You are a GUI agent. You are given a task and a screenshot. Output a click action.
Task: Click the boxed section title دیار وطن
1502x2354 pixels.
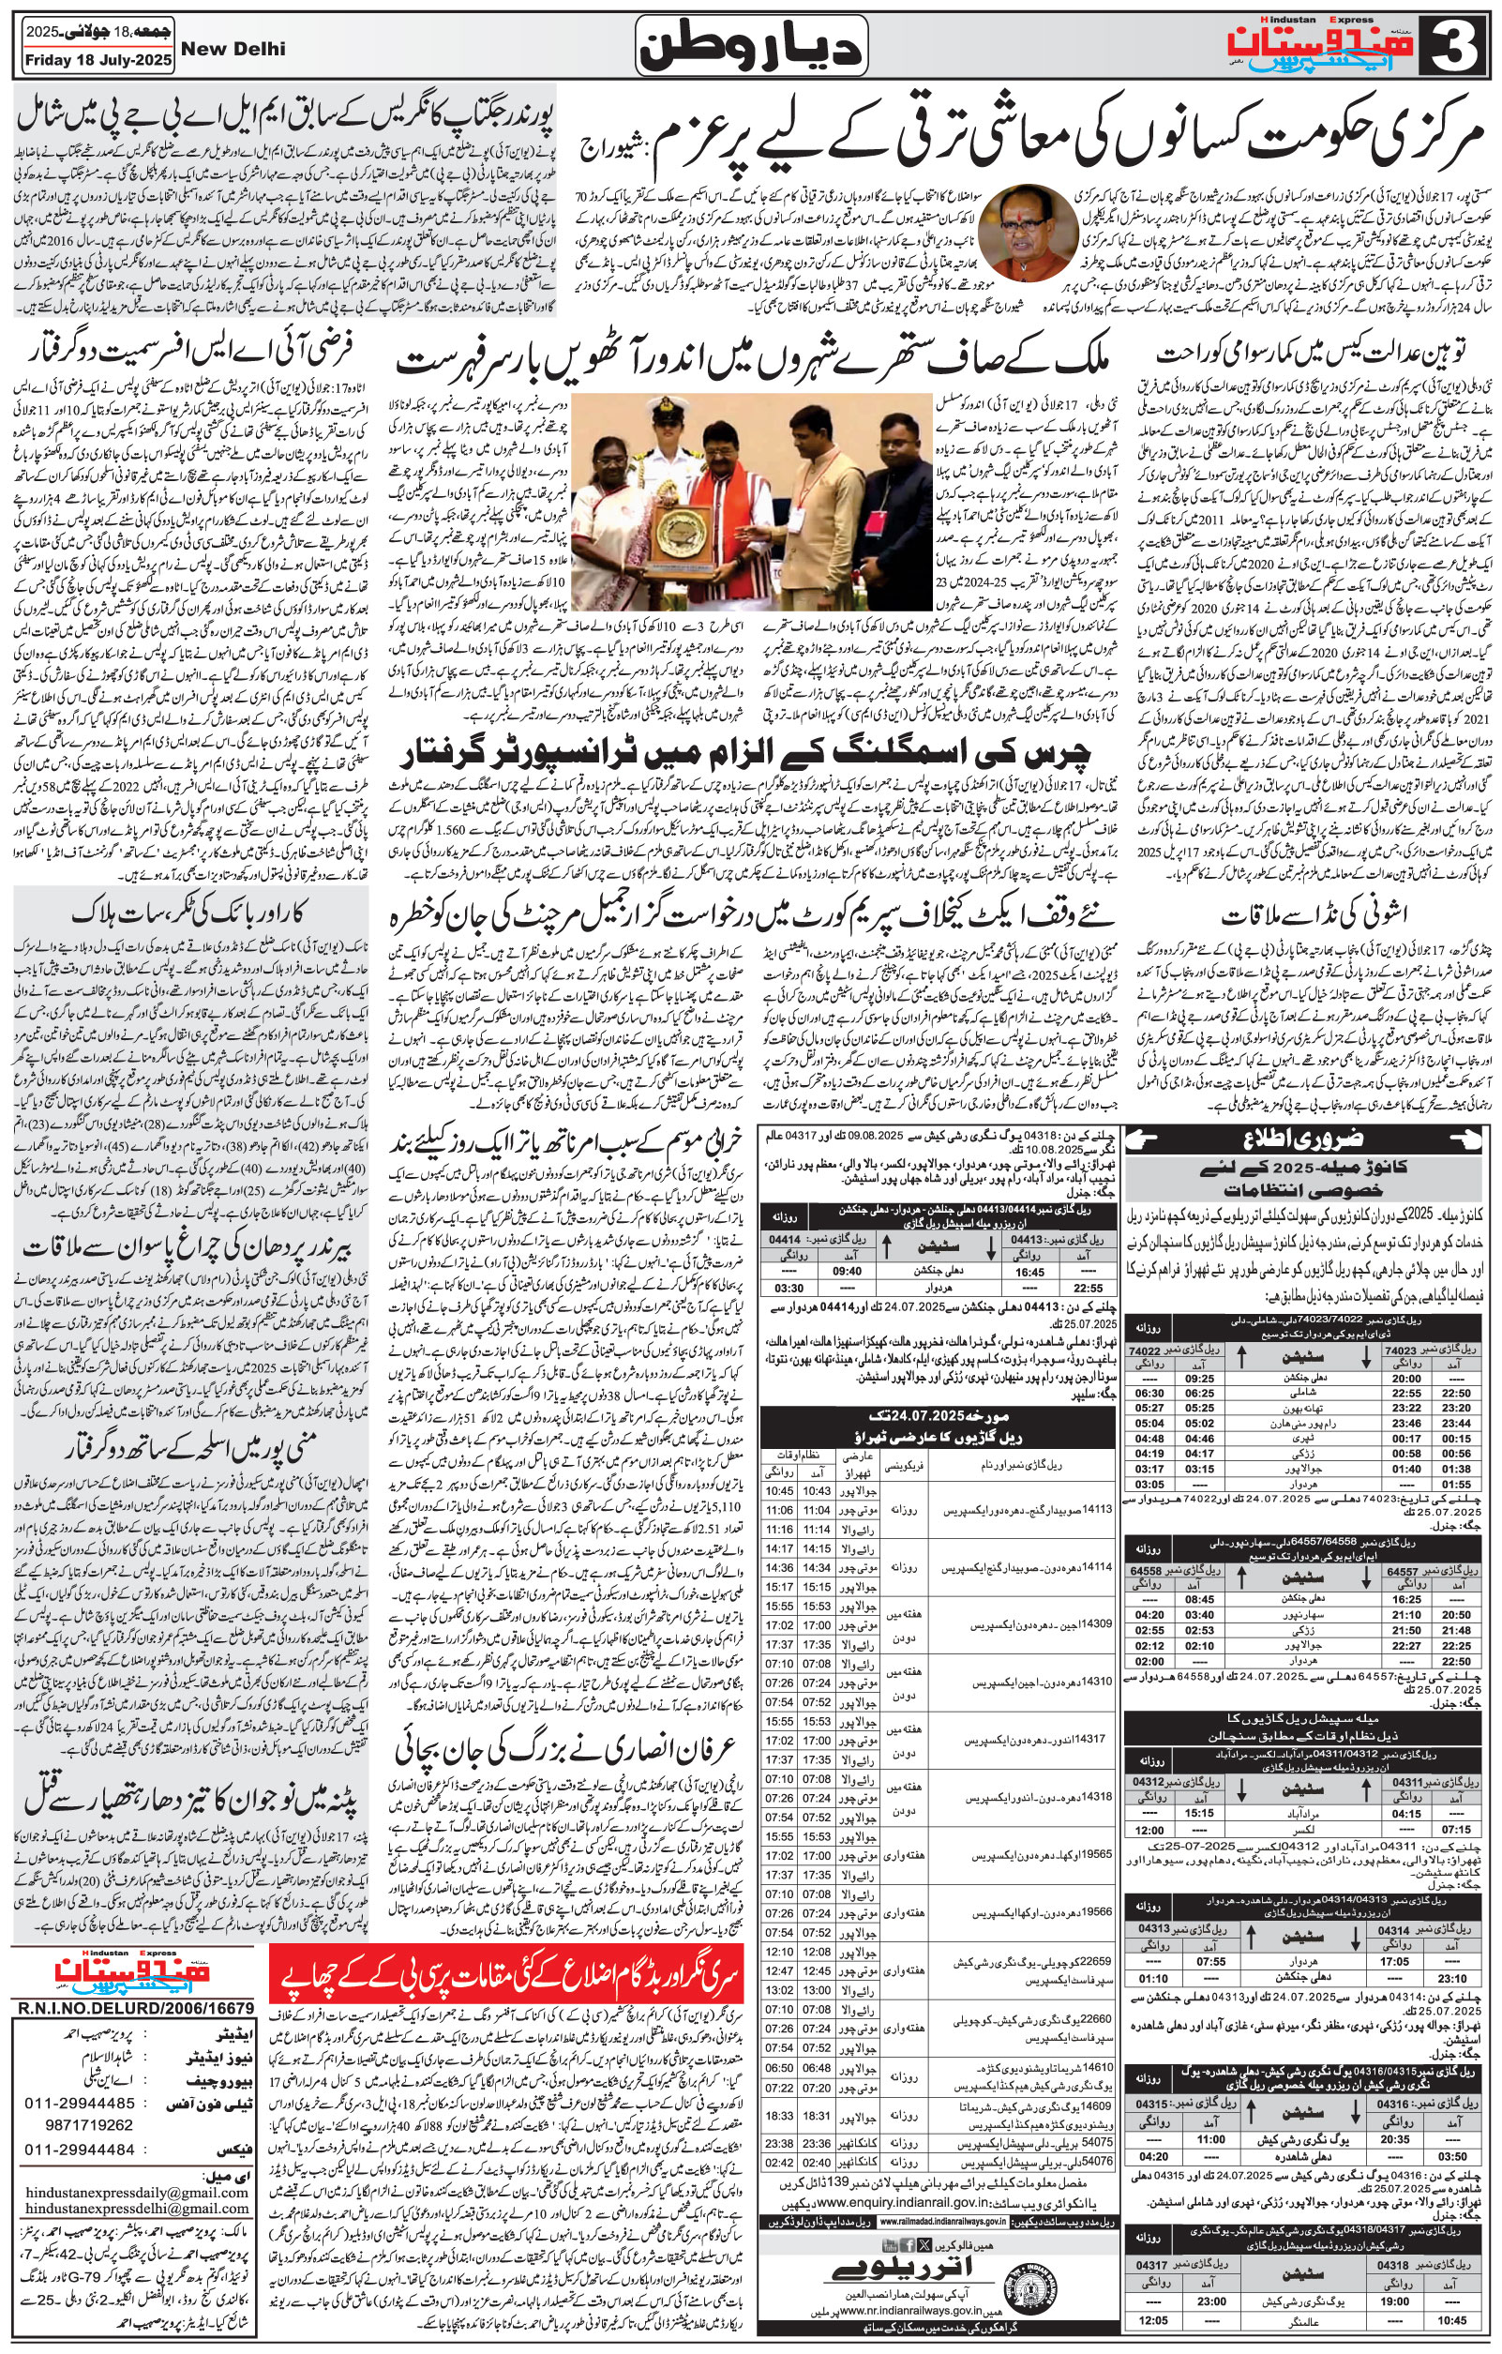tap(750, 46)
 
